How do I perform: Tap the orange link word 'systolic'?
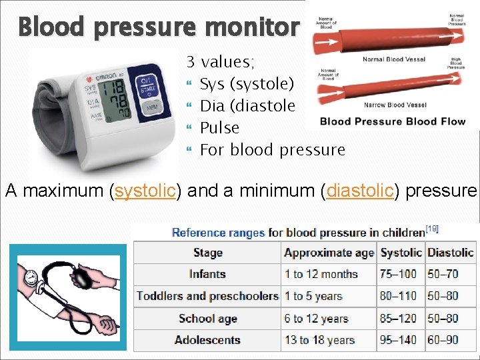click(x=145, y=191)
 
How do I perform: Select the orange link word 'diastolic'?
click(x=359, y=191)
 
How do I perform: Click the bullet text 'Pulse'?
click(x=219, y=127)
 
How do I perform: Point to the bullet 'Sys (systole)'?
click(x=246, y=84)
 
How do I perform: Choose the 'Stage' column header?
click(x=207, y=253)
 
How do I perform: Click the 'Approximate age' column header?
click(x=329, y=253)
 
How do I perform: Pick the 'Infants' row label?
click(x=207, y=274)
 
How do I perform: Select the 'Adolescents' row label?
click(x=207, y=340)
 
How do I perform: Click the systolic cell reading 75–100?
click(x=398, y=274)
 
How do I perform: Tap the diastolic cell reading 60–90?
click(x=443, y=340)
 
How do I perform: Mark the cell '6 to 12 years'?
click(x=317, y=319)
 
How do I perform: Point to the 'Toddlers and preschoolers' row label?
click(x=207, y=296)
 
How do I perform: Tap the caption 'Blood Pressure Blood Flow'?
click(x=387, y=121)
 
